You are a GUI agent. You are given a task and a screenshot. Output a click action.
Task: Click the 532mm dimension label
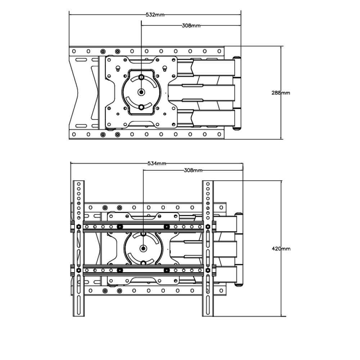[x=155, y=15]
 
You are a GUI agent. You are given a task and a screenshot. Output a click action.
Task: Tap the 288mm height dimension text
[x=280, y=93]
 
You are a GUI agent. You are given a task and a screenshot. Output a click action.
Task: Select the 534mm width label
[x=157, y=163]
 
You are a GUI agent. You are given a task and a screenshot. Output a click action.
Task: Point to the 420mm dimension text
[x=281, y=248]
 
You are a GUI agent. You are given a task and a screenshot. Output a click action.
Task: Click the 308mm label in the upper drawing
[x=191, y=26]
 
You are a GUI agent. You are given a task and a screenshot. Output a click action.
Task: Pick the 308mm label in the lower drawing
[x=193, y=170]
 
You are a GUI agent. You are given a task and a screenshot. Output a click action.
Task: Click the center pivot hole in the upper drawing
[x=141, y=92]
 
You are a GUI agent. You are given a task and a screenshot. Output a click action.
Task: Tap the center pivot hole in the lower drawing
[x=143, y=248]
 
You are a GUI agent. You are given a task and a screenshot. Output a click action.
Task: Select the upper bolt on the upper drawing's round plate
[x=141, y=77]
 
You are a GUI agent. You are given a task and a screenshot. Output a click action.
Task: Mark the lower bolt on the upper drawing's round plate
[x=141, y=107]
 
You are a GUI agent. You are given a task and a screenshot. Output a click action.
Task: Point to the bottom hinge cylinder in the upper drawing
[x=237, y=128]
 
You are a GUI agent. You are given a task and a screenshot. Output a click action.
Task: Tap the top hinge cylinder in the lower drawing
[x=239, y=215]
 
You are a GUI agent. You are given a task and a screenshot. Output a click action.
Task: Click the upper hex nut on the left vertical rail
[x=78, y=226]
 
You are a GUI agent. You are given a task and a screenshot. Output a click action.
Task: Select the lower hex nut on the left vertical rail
[x=78, y=270]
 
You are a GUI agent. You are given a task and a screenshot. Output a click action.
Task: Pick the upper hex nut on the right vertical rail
[x=208, y=226]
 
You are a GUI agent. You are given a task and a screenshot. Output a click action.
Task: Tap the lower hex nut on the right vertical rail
[x=208, y=270]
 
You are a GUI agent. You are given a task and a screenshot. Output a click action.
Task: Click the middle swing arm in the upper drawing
[x=202, y=93]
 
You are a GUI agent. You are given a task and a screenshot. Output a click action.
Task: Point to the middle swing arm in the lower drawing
[x=203, y=248]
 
